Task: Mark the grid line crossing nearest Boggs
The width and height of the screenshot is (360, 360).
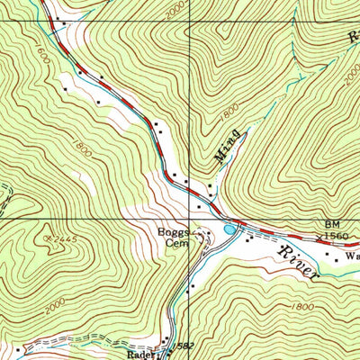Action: point(190,217)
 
